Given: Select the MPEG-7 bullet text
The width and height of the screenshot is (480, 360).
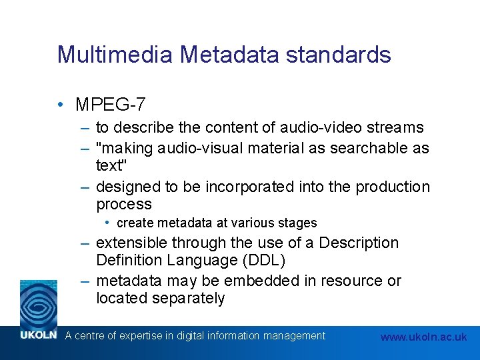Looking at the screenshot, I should (111, 105).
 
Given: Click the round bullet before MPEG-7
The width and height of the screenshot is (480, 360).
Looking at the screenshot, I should (61, 104).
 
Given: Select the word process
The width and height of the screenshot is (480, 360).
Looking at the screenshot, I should (124, 204).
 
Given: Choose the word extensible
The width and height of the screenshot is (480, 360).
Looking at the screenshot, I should (132, 243).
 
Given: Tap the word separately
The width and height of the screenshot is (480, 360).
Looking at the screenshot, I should (188, 298).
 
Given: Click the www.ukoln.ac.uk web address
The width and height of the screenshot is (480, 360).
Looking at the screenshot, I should (423, 337).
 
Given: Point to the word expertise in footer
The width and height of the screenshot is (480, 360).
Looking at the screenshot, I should (141, 336).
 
